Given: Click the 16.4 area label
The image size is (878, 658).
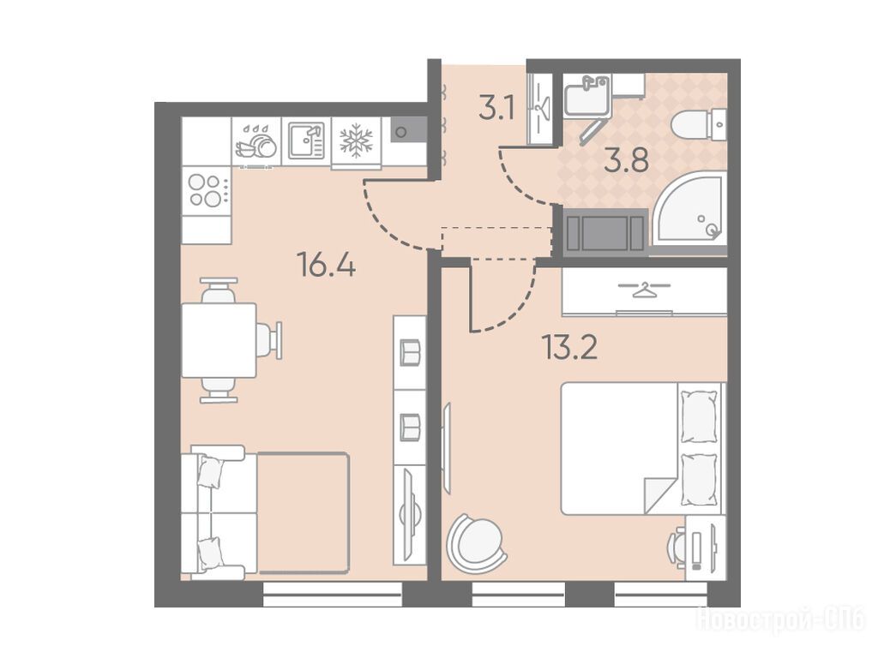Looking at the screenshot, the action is (328, 264).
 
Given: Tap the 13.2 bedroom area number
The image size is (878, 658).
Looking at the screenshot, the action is (569, 347).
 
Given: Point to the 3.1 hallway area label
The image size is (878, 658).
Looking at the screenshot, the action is (496, 109).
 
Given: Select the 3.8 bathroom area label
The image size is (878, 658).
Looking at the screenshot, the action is (627, 160).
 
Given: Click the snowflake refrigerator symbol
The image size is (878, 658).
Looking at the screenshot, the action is (356, 141).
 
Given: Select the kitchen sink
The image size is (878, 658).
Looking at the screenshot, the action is (306, 141).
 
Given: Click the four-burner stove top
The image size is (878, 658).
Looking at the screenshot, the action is (207, 190).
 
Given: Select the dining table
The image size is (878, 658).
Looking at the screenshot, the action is (219, 340).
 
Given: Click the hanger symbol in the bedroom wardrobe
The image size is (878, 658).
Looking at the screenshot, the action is (644, 290).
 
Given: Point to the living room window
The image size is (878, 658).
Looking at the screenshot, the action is (333, 595).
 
